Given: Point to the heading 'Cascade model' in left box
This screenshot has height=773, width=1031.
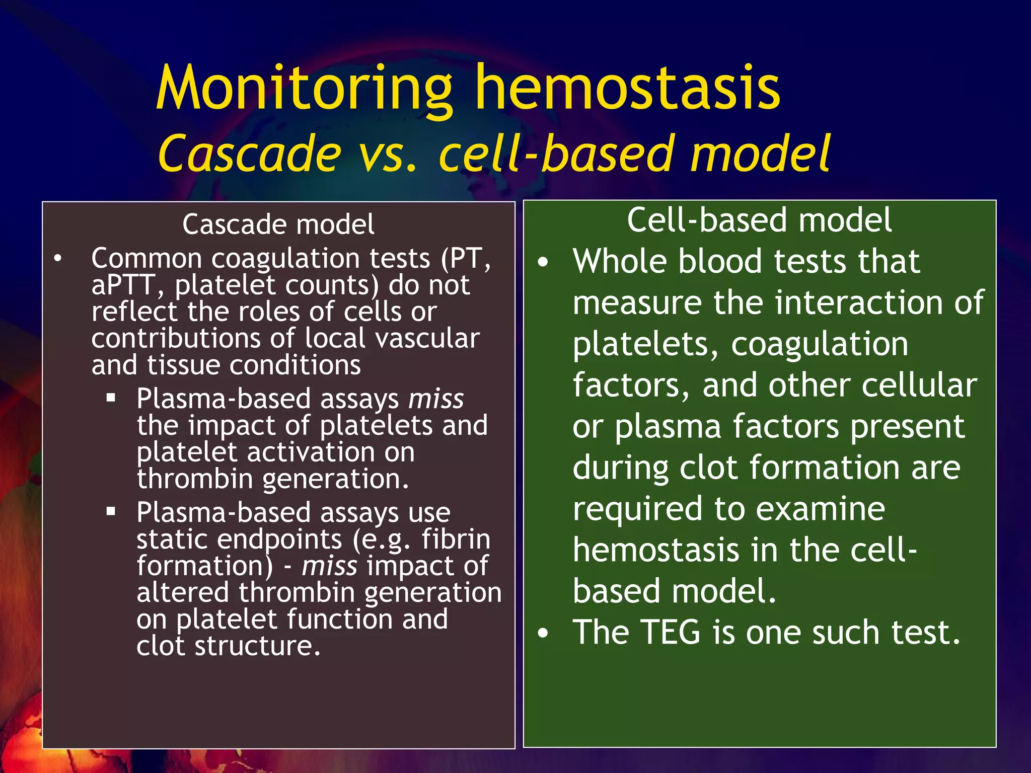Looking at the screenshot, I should tap(278, 224).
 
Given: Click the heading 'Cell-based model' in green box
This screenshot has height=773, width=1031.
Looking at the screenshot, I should tap(759, 220).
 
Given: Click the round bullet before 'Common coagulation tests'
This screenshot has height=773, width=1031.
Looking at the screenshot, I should tap(58, 259).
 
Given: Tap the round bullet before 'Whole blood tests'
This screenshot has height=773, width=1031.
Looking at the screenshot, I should tap(542, 262).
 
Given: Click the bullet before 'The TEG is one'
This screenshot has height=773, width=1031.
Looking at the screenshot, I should tap(542, 633).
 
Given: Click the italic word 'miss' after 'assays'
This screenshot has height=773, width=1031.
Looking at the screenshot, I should tap(436, 399).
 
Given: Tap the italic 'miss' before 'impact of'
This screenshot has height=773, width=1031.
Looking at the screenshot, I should tap(329, 566).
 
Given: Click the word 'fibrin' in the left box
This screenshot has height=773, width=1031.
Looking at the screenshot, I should tap(456, 539).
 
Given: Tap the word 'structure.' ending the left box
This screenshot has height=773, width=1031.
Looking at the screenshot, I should tap(258, 646).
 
